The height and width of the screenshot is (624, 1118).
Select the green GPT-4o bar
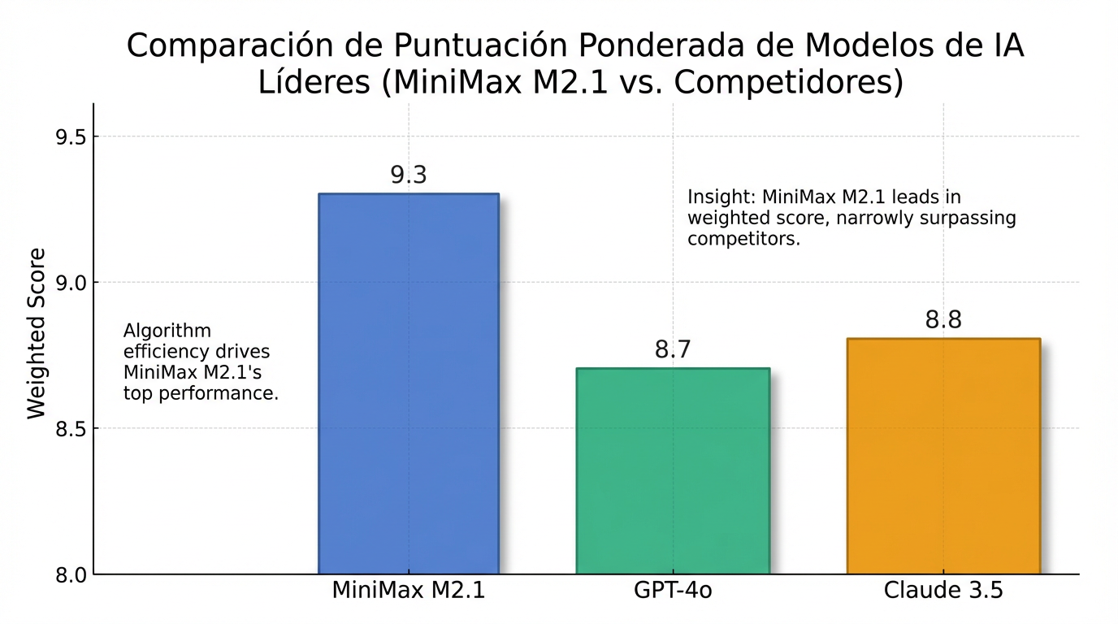point(673,471)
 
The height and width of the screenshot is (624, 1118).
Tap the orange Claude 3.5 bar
point(943,456)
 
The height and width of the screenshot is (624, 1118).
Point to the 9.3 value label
point(408,175)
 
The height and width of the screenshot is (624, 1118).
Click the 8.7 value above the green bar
point(673,350)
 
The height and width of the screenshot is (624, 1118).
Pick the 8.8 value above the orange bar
point(943,320)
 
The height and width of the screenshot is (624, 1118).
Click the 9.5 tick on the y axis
point(71,137)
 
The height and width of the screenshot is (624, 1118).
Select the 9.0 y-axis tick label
point(71,283)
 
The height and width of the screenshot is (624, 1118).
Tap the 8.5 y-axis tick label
point(71,428)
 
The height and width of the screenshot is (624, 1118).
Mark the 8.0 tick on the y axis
point(71,574)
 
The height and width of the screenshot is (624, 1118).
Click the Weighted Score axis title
point(37,334)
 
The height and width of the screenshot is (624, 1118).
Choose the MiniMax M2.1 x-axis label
point(408,591)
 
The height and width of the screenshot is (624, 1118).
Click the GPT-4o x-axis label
point(673,591)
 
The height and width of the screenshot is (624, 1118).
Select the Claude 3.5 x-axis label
point(943,591)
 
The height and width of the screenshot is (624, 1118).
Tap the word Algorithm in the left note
point(167,331)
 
